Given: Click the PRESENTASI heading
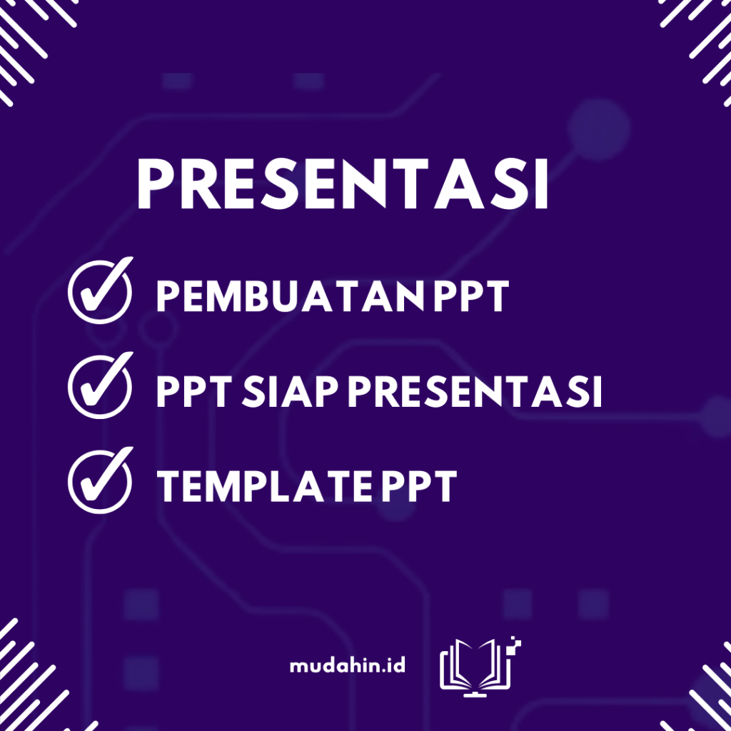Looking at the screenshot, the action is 343,183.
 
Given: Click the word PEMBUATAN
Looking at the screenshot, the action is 290,296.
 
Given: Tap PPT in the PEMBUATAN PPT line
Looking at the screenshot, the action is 471,296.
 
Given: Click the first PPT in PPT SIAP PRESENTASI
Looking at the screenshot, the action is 194,392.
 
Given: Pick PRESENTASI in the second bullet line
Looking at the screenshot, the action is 475,392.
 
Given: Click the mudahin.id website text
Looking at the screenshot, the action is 348,665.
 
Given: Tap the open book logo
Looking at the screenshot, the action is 476,666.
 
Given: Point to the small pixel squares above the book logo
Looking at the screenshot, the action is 516,642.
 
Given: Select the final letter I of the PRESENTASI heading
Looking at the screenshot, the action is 542,183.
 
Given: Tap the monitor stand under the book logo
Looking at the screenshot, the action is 475,693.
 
